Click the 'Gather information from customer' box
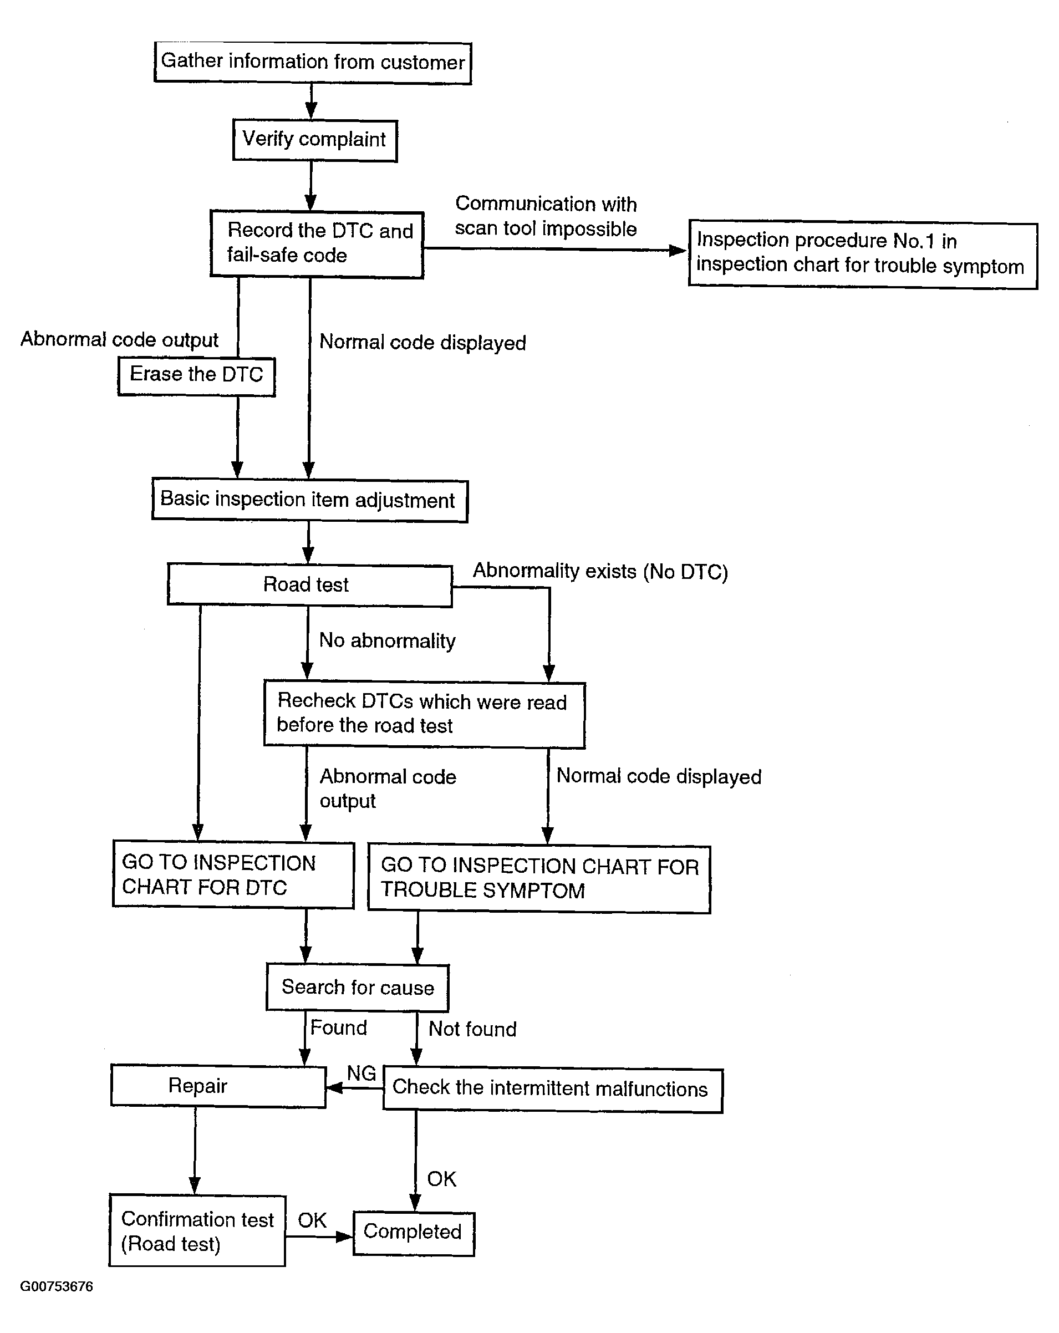[x=313, y=63]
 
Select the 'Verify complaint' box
[x=315, y=140]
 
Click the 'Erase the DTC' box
[x=197, y=376]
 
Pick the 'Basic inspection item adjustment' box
[x=310, y=500]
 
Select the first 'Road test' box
[x=310, y=584]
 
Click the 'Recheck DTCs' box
[x=424, y=715]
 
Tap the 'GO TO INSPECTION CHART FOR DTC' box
[x=233, y=874]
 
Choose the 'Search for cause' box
[x=357, y=988]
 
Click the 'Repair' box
[x=218, y=1086]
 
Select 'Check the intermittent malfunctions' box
[x=553, y=1090]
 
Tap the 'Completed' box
[x=414, y=1233]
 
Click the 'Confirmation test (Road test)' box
[x=197, y=1231]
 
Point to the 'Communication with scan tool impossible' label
[x=546, y=216]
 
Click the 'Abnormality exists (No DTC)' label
[x=600, y=571]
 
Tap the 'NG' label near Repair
[x=361, y=1073]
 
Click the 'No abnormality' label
[x=387, y=640]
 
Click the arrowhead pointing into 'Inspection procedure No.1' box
[x=679, y=251]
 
